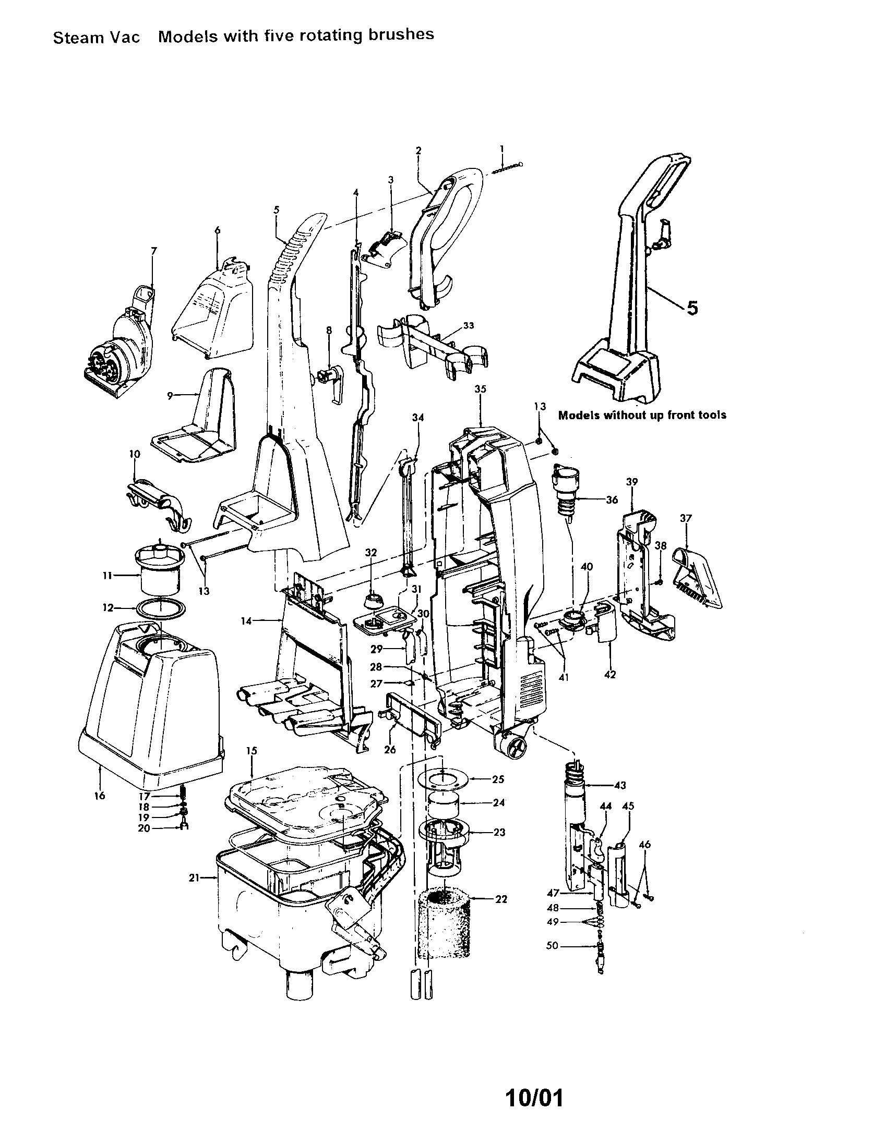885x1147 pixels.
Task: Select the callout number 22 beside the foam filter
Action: pyautogui.click(x=501, y=899)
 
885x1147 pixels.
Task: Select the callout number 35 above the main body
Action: pyautogui.click(x=481, y=389)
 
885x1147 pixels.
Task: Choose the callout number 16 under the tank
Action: pyautogui.click(x=100, y=795)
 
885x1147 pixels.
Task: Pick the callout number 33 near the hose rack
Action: pyautogui.click(x=469, y=326)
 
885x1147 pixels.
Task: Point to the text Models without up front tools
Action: pyautogui.click(x=642, y=415)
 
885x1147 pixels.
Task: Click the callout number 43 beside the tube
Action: pyautogui.click(x=620, y=785)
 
